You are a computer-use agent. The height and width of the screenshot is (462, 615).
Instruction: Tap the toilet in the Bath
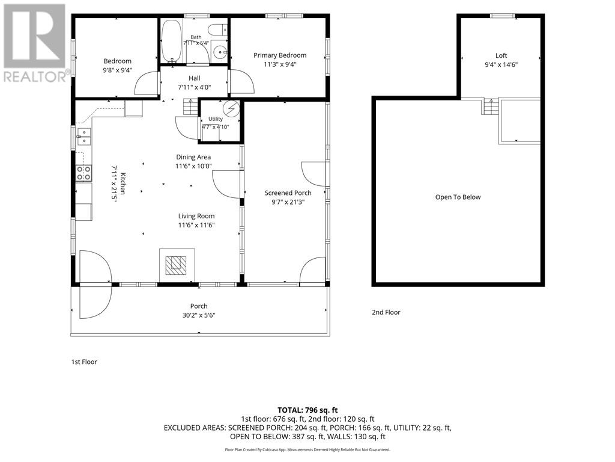217,29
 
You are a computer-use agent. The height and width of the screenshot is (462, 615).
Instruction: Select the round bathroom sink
220,52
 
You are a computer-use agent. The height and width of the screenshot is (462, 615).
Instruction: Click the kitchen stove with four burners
84,173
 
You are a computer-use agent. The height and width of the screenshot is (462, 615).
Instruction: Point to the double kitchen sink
84,137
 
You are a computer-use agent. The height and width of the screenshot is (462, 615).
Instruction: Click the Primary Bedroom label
280,55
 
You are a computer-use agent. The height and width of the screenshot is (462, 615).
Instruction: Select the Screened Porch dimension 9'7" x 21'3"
288,202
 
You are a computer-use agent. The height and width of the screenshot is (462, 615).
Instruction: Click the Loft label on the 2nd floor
501,55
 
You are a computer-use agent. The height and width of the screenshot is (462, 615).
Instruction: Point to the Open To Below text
458,197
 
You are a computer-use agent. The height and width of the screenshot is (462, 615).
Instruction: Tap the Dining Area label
193,157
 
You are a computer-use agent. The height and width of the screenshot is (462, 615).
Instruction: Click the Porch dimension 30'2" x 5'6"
199,315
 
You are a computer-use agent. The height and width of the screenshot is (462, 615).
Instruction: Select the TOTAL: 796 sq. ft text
307,410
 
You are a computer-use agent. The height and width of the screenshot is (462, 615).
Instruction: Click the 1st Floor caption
84,362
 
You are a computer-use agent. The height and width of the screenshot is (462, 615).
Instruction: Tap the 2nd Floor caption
386,312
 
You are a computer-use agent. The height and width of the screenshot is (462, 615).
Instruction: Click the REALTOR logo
34,43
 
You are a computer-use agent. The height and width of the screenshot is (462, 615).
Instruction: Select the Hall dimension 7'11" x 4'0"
195,87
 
